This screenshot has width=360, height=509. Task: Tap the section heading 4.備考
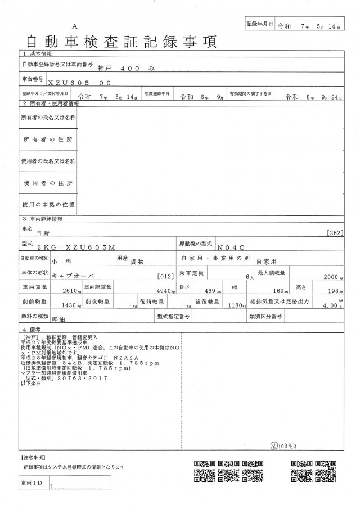(x=35, y=328)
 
